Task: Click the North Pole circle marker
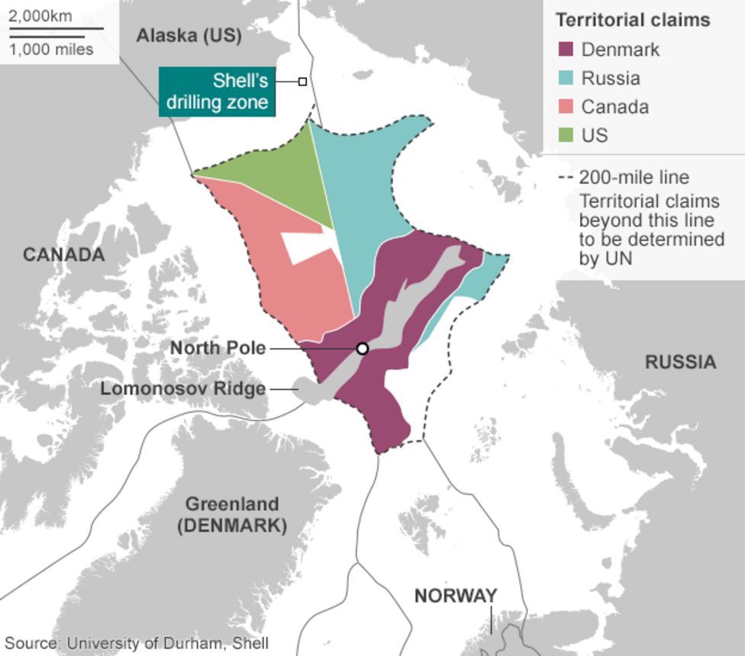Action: tap(363, 349)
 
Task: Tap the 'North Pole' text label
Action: tap(218, 348)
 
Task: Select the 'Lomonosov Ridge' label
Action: tap(183, 388)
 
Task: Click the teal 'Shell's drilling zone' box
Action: tap(217, 92)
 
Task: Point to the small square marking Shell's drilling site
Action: tap(302, 82)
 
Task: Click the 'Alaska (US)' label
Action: tap(189, 35)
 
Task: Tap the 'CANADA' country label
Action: tap(63, 254)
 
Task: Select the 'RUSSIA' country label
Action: tap(680, 362)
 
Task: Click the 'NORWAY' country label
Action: tap(456, 596)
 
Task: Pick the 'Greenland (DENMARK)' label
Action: tap(232, 515)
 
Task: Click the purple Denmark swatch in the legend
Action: tap(566, 50)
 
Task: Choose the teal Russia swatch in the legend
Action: tap(566, 79)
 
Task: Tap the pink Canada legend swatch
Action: tap(566, 107)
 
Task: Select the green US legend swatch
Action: tap(566, 135)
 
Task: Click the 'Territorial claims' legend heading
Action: tap(632, 20)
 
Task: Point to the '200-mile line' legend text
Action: tap(634, 178)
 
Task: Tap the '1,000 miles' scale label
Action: tap(52, 50)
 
